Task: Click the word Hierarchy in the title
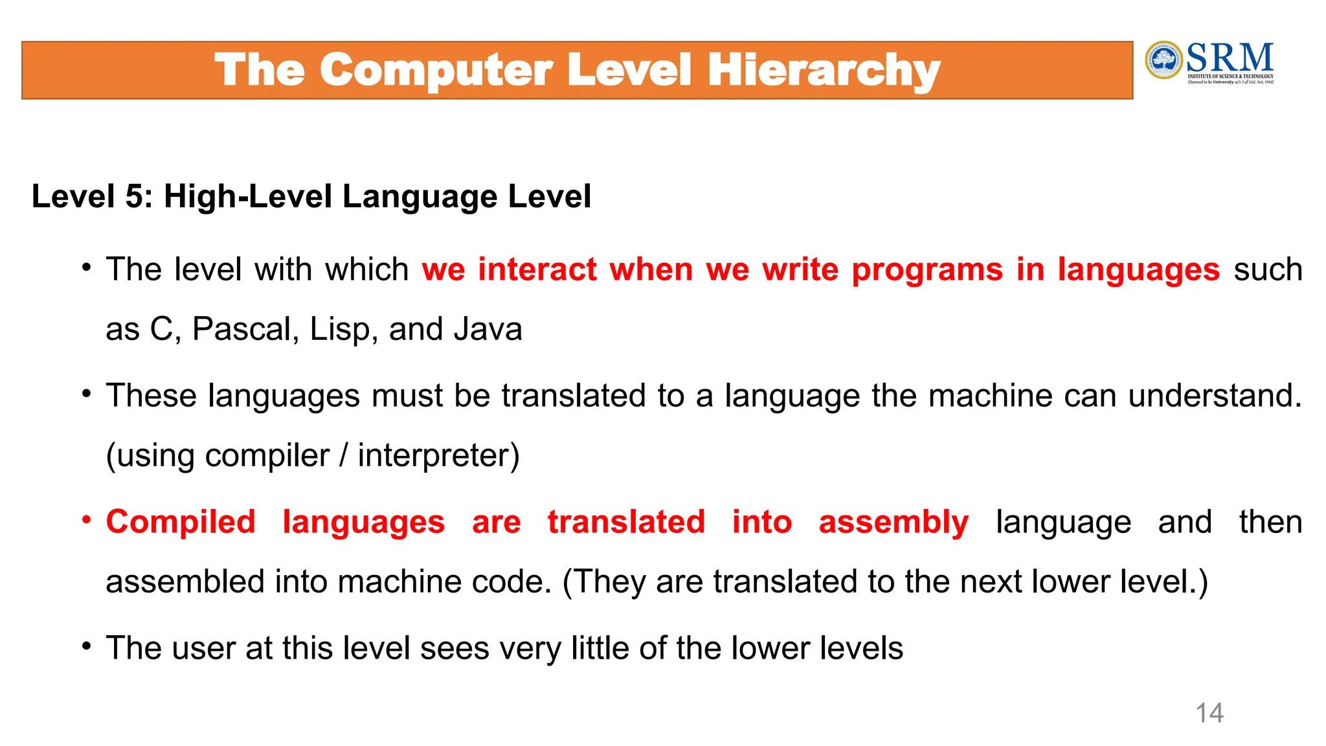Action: pos(824,71)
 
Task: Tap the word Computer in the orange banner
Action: pos(436,71)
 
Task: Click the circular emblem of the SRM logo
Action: pos(1163,60)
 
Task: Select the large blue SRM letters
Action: pos(1230,58)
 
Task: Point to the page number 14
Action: pos(1209,713)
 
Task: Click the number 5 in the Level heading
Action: pos(135,196)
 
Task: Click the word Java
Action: pos(488,329)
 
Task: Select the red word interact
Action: pos(537,269)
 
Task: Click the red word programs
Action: pos(927,269)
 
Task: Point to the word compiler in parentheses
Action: pos(267,455)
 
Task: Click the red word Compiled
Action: pos(181,522)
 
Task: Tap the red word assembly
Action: pos(893,522)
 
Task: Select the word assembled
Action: pos(185,582)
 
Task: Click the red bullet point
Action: pos(86,520)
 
